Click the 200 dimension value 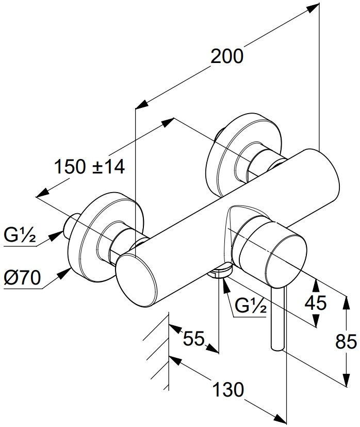pos(227,56)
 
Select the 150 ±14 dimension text pos(90,167)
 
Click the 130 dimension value pos(226,390)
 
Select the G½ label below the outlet pos(250,308)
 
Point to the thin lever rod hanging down pos(277,320)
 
